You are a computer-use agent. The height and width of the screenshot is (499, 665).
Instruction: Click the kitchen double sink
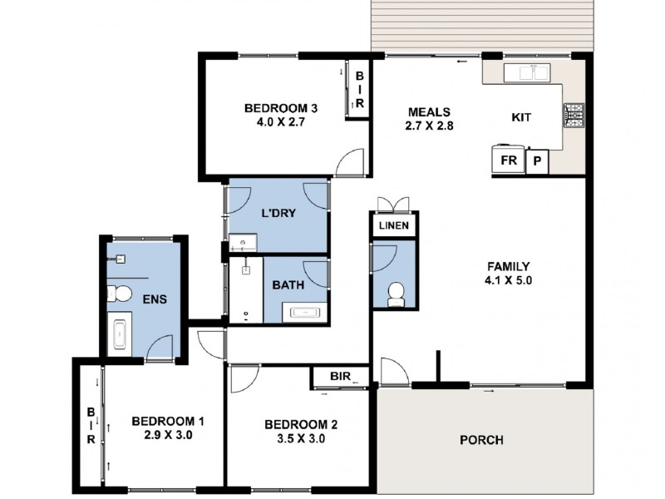pyautogui.click(x=532, y=73)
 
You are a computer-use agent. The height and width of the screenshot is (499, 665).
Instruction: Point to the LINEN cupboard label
pyautogui.click(x=394, y=226)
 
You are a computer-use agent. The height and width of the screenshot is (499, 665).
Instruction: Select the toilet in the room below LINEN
pyautogui.click(x=397, y=292)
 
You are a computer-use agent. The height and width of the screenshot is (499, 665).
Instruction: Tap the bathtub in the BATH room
pyautogui.click(x=305, y=313)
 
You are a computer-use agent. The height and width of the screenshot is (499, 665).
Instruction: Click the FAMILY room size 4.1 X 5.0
pyautogui.click(x=509, y=281)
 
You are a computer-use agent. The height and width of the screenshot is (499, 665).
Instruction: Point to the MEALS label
pyautogui.click(x=428, y=112)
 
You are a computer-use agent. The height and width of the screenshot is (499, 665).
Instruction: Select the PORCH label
pyautogui.click(x=481, y=440)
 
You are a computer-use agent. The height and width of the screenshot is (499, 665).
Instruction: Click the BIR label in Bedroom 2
pyautogui.click(x=340, y=377)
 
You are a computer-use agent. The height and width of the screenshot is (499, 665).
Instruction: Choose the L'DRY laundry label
pyautogui.click(x=279, y=213)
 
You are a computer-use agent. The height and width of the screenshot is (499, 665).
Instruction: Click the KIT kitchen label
pyautogui.click(x=521, y=117)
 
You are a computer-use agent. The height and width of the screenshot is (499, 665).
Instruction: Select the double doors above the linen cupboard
pyautogui.click(x=393, y=205)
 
